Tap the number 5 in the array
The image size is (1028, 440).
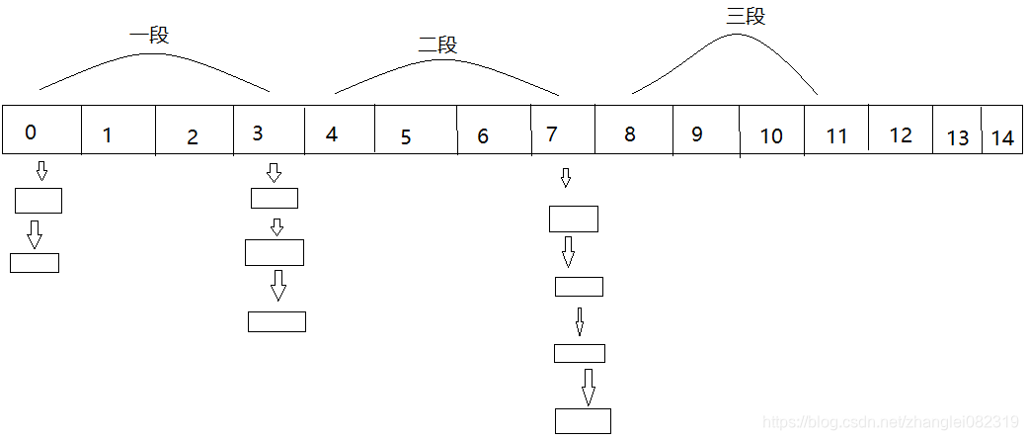click(406, 137)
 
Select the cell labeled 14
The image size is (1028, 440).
click(1002, 138)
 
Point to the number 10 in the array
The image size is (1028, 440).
click(771, 136)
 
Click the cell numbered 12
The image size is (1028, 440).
click(901, 135)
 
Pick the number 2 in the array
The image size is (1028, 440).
click(193, 137)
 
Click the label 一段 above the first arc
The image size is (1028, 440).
click(149, 36)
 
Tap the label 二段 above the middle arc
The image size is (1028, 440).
click(437, 44)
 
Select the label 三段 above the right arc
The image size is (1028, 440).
click(746, 17)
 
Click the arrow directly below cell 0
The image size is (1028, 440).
click(41, 171)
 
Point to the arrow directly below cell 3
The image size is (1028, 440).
click(275, 173)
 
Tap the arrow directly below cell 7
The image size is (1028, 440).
click(566, 178)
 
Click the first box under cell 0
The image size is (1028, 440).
click(39, 201)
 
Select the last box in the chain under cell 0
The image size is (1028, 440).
click(35, 263)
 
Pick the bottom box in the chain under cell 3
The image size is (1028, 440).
click(277, 321)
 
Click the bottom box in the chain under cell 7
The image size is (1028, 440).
click(583, 420)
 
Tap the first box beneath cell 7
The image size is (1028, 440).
click(574, 219)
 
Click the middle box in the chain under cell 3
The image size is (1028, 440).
click(275, 252)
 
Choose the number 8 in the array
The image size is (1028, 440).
click(630, 133)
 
